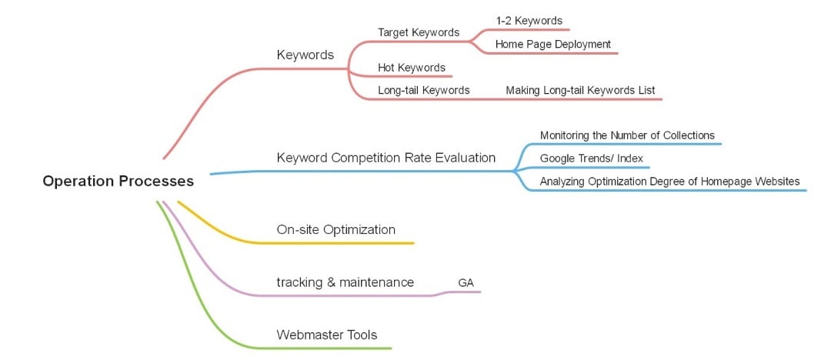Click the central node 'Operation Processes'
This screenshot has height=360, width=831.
coord(118,182)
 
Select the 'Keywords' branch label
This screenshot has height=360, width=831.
coord(305,55)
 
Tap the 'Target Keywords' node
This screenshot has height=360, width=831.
coord(418,32)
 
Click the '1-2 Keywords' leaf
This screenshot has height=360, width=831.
coord(529,21)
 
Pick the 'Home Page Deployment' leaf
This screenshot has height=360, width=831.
coord(552,44)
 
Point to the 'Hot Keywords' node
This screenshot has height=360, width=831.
coord(411,68)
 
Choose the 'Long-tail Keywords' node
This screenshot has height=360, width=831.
coord(423,90)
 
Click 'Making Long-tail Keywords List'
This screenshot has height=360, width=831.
coord(580,90)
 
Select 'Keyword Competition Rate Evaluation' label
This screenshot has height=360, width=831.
coord(385,158)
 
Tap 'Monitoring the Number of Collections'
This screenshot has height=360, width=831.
coord(627,135)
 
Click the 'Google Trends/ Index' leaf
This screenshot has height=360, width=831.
coord(591,158)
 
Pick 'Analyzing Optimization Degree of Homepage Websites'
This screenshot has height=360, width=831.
coord(669,182)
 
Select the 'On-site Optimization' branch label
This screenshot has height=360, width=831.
coord(335,229)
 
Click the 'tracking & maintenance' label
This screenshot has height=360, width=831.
coord(345,282)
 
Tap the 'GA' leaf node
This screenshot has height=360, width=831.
coord(466,283)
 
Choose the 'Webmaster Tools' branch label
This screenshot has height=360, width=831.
coord(326,335)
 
